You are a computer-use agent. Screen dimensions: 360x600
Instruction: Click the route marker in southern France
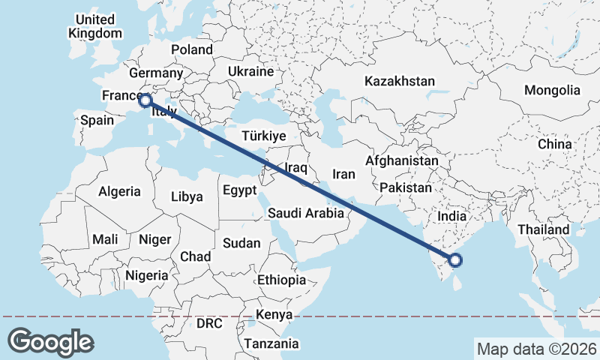coord(145,99)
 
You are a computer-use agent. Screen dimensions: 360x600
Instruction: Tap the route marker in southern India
coord(454,260)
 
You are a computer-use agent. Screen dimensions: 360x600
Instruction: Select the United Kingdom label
coord(94,26)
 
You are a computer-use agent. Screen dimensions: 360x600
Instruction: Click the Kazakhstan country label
coord(400,81)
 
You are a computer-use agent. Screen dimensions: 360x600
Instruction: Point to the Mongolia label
coord(552,90)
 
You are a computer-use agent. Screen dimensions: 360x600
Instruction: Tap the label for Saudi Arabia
coord(306,213)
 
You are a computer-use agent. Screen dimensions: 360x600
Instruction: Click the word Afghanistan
coord(402,160)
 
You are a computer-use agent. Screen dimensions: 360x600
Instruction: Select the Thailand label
coord(547,229)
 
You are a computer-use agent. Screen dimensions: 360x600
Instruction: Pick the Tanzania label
coord(270,343)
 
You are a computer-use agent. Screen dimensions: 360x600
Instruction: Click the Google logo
coord(50,342)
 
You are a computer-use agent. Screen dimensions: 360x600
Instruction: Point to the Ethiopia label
coord(281,280)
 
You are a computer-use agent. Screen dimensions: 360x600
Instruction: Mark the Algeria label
coord(120,190)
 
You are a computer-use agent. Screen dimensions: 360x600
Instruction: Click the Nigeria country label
coord(147,275)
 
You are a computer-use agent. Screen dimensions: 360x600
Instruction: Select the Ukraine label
coord(250,72)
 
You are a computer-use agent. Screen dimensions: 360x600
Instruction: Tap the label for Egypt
coord(239,190)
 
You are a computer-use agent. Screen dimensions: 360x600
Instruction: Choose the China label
coord(554,143)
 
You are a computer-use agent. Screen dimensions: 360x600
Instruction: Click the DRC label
coord(209,324)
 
